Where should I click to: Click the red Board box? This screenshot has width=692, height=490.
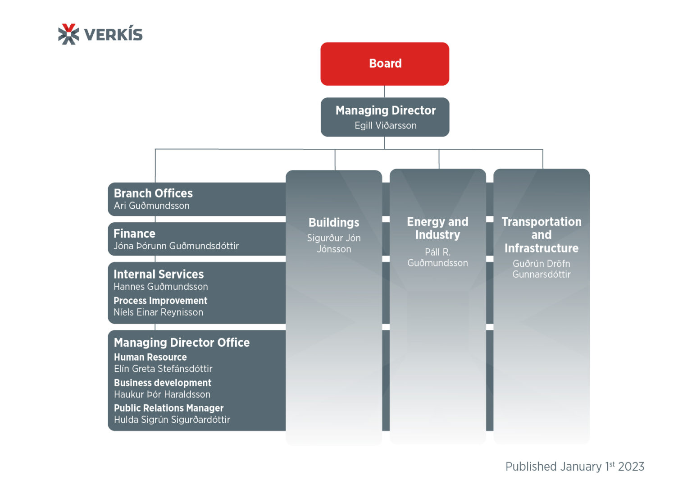(x=385, y=64)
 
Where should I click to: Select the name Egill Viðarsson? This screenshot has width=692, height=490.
(x=385, y=126)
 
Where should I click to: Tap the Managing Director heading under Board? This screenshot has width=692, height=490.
(x=385, y=110)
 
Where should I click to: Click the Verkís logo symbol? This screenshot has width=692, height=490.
(x=68, y=34)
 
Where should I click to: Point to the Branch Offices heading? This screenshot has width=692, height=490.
(x=153, y=193)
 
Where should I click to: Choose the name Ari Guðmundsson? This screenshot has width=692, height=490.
(x=151, y=206)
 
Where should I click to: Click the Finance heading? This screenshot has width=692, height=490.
(x=134, y=234)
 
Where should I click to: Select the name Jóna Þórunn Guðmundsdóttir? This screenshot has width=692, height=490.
(x=176, y=246)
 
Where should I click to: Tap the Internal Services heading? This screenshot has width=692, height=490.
(x=159, y=274)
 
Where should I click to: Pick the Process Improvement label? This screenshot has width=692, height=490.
(x=160, y=301)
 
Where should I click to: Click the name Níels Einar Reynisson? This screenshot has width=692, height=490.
(x=158, y=312)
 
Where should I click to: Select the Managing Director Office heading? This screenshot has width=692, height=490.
(x=182, y=343)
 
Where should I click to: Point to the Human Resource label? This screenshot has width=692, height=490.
(x=150, y=357)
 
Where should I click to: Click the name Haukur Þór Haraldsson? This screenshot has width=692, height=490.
(x=162, y=394)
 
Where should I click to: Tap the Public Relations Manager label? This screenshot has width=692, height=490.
(x=168, y=408)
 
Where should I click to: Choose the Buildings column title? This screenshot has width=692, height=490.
(x=334, y=223)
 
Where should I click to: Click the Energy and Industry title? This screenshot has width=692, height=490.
(x=437, y=228)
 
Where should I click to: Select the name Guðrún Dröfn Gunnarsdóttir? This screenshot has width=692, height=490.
(x=541, y=269)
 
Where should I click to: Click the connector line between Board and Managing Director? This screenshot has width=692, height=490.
(x=384, y=92)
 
